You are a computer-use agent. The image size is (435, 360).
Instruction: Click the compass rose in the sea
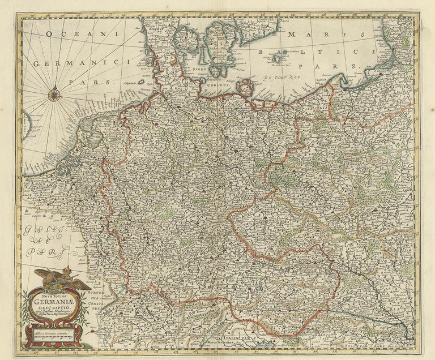pos(56,94)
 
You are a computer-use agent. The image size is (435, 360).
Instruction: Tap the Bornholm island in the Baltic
pos(278,58)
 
